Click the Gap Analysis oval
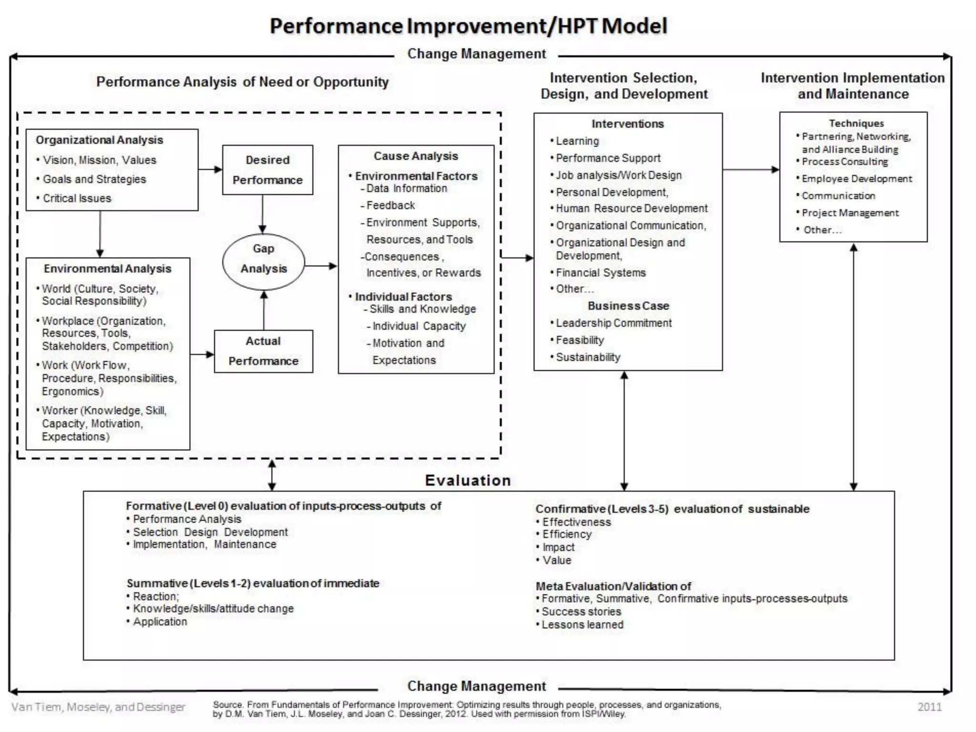point(263,261)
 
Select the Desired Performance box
point(267,170)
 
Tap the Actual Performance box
point(263,351)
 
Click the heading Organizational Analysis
point(99,140)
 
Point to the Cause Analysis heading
point(416,156)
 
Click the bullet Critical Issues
point(77,198)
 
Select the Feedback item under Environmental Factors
point(390,205)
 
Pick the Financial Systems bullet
point(600,273)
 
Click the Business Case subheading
point(628,305)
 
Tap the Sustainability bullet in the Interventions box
point(588,357)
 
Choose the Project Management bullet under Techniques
point(850,213)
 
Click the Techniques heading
point(856,123)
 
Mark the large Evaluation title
point(468,480)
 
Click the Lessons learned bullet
point(582,625)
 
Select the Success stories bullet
point(581,611)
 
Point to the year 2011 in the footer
point(929,707)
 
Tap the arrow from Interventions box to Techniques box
point(751,169)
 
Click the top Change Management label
point(476,54)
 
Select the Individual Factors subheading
point(403,296)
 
